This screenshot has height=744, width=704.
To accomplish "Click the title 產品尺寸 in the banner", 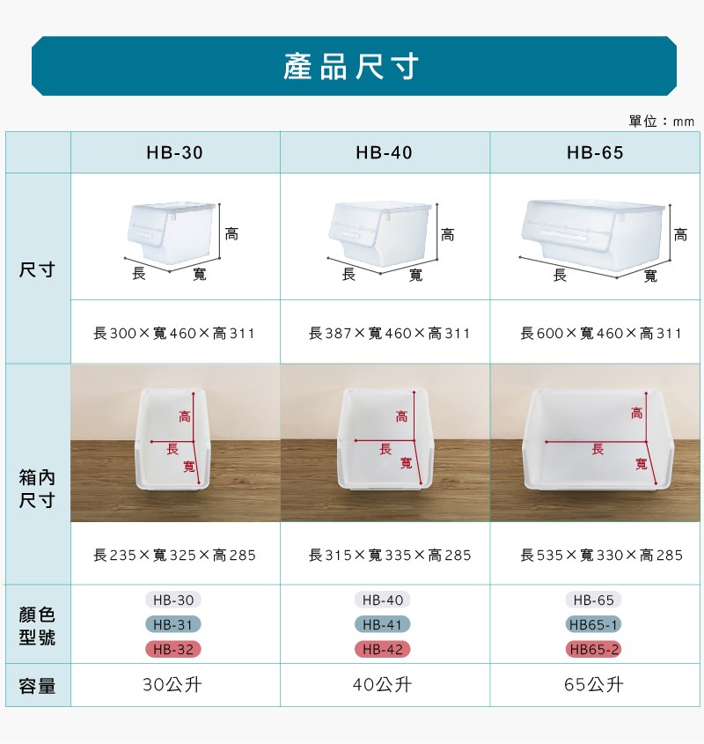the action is [x=351, y=66].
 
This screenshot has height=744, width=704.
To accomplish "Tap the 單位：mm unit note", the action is [x=661, y=122].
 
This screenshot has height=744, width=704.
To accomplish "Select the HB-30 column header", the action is [x=174, y=153].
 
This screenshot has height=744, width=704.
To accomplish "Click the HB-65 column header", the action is [x=595, y=153].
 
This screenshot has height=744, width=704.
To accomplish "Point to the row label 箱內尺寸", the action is [x=37, y=489].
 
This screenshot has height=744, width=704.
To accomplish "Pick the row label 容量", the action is [x=37, y=686].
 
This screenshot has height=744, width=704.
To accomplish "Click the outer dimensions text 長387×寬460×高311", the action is [x=389, y=333].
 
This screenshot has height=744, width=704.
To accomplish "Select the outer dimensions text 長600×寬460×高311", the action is [x=600, y=333].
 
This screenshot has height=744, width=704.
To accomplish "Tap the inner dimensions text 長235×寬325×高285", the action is [x=174, y=555].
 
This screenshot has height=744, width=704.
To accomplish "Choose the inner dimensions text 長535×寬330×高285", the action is [x=602, y=555].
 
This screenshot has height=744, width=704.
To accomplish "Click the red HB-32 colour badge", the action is [x=173, y=649].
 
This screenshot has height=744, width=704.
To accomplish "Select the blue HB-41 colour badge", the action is [x=383, y=624].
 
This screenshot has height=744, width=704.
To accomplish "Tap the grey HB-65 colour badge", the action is [x=593, y=600].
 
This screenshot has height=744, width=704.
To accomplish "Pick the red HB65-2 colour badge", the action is [x=594, y=649].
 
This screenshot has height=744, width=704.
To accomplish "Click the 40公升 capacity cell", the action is [x=383, y=685].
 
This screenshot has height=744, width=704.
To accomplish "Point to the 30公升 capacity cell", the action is [x=172, y=685].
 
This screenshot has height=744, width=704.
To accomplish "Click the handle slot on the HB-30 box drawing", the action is [x=142, y=236].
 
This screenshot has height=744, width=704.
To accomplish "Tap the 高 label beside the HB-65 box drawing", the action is [x=681, y=234].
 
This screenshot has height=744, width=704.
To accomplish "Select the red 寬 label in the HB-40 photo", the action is [x=406, y=463].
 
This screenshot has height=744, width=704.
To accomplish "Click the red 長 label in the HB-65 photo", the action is [x=598, y=449].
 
